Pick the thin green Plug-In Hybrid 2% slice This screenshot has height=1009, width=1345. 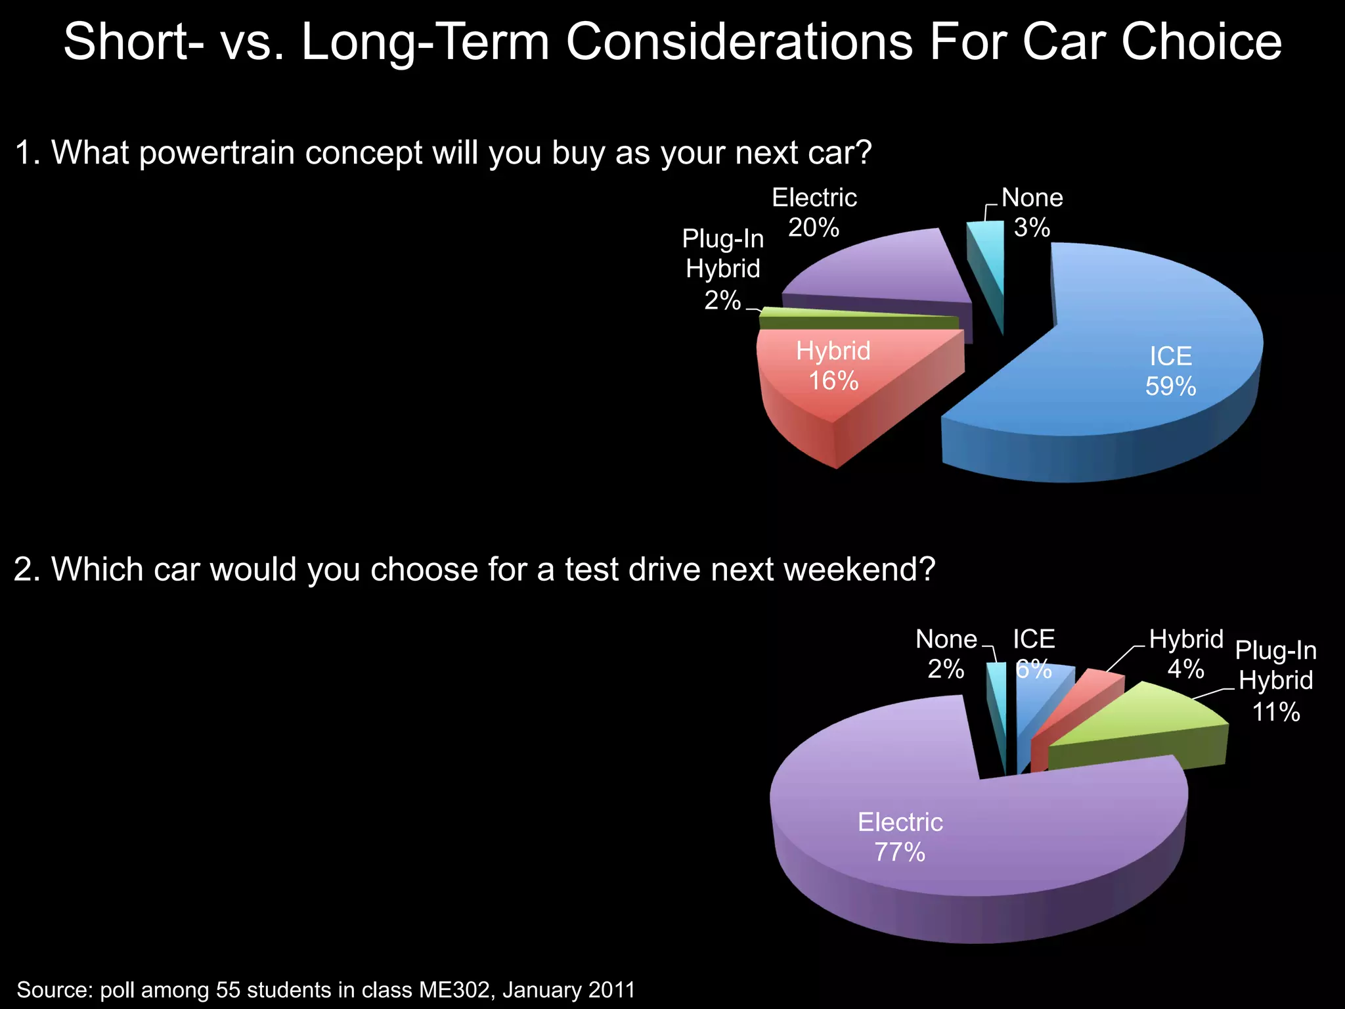coord(854,321)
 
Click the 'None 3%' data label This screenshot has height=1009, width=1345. coord(1032,213)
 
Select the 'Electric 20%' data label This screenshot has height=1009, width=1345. coord(814,213)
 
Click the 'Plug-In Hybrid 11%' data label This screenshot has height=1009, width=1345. coord(1275,681)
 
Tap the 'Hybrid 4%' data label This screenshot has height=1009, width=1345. coord(1186,654)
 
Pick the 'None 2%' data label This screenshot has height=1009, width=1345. coord(946,654)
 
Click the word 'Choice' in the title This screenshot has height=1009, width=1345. coord(1201,42)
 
